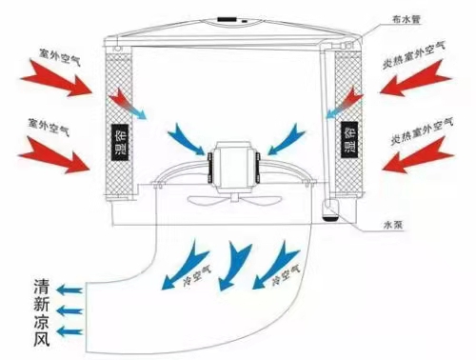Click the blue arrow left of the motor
tap(188, 140)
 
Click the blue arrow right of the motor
tap(281, 140)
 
